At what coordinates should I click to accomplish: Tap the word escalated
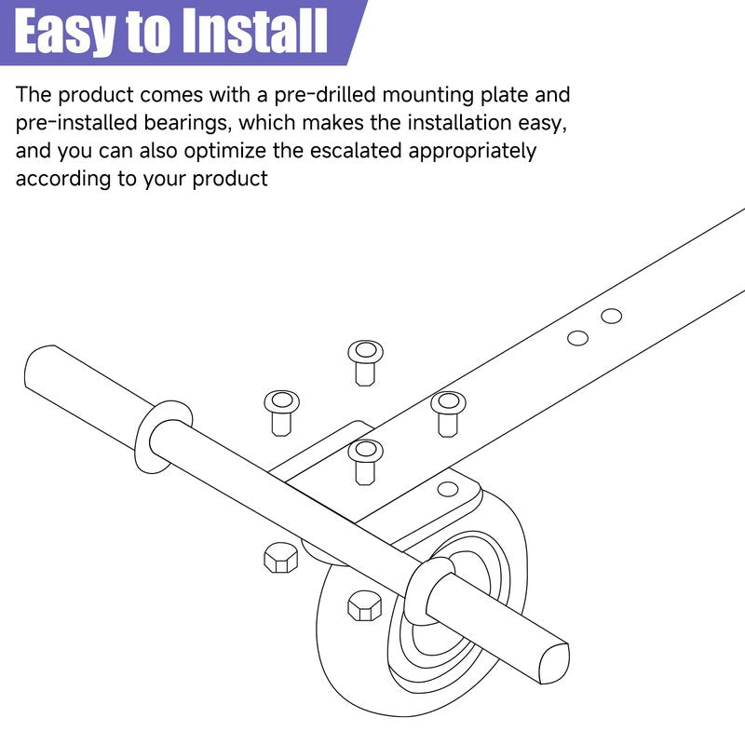click(357, 151)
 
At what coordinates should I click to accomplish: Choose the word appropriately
click(472, 152)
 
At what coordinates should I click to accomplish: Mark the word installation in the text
click(459, 123)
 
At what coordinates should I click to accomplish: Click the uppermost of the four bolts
click(365, 362)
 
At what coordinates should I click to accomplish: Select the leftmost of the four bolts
click(282, 413)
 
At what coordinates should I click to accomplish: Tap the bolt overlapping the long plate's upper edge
click(448, 413)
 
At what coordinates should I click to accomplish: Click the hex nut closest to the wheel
click(364, 606)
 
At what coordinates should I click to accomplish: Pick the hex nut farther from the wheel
click(281, 557)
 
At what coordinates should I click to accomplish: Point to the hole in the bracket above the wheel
click(448, 489)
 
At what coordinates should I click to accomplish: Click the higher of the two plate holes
click(612, 316)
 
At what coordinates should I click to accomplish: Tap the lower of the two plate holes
click(577, 338)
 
